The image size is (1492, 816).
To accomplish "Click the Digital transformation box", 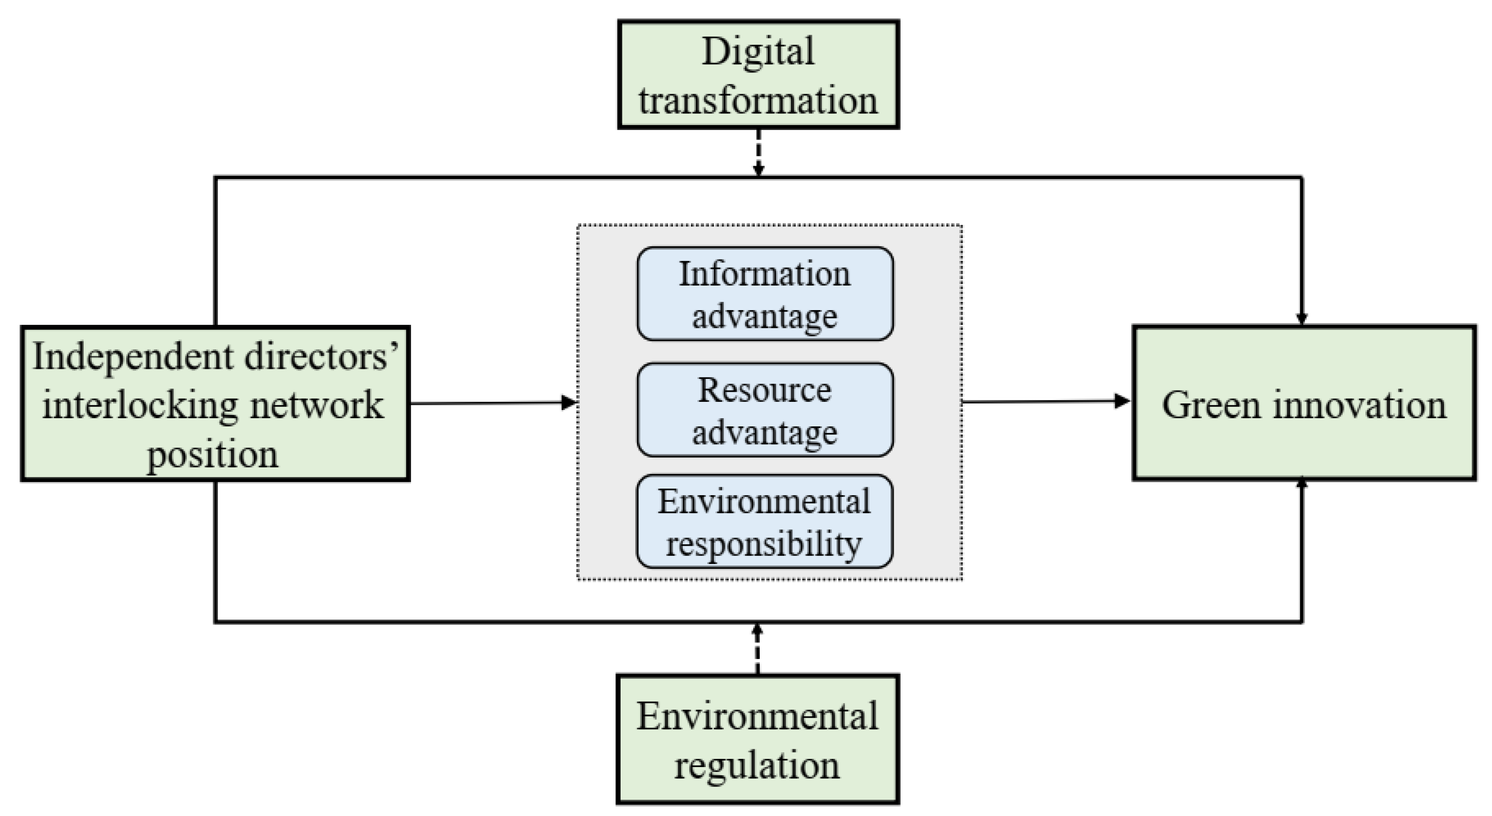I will click(758, 74).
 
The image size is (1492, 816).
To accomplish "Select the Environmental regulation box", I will click(758, 738).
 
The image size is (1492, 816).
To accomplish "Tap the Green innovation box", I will click(1303, 403).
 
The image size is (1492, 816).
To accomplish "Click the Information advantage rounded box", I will click(764, 294).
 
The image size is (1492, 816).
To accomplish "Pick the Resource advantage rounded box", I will click(764, 410).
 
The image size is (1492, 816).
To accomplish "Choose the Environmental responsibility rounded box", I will click(764, 521).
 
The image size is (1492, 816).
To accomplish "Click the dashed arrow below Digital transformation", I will click(758, 152).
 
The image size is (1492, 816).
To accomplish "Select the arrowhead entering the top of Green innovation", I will click(1301, 319).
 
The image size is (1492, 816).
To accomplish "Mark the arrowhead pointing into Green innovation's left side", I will click(1122, 401).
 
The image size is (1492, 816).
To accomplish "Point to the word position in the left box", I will click(213, 454).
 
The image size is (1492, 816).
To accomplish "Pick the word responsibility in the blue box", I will click(763, 544).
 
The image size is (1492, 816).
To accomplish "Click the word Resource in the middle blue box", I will click(764, 389).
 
